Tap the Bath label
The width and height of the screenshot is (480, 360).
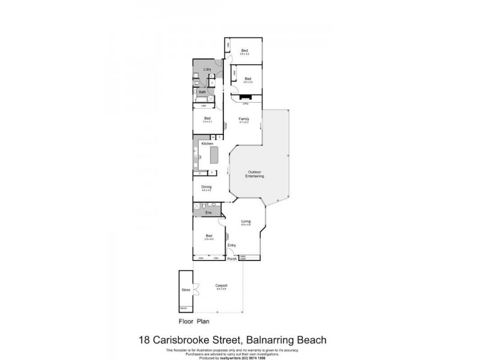(203, 92)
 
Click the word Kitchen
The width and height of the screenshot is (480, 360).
(207, 144)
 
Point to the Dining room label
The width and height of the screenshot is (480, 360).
(206, 187)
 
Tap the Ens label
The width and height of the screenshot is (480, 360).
(208, 212)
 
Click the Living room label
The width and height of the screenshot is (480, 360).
(245, 221)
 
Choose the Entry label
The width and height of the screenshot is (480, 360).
(232, 245)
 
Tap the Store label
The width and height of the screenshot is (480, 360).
(185, 290)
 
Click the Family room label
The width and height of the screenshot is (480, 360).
(244, 119)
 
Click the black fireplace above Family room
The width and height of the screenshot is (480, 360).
(246, 97)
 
